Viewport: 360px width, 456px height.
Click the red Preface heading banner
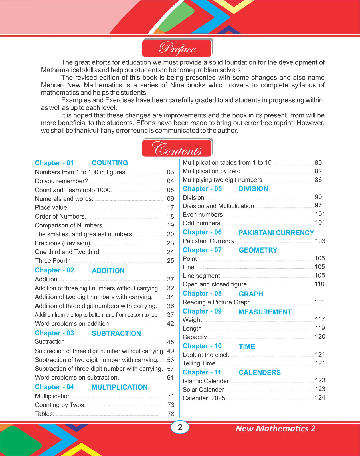pos(177,48)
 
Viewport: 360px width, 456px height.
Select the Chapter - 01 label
pos(54,163)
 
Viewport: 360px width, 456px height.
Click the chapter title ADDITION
pos(108,271)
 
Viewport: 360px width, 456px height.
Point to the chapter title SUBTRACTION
pos(116,333)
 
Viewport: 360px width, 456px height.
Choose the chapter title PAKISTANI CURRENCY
pos(276,233)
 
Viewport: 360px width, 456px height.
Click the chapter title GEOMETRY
pos(258,250)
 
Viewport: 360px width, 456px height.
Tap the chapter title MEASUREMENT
pos(265,312)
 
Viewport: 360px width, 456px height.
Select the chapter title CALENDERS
pos(260,373)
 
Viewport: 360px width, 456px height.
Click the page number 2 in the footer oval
pos(180,427)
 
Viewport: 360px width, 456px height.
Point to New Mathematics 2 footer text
pos(275,429)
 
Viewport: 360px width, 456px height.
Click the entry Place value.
pos(52,208)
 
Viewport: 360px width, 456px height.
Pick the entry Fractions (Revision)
pos(62,243)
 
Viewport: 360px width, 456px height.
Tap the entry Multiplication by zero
pos(211,171)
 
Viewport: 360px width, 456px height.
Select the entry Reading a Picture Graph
pos(217,302)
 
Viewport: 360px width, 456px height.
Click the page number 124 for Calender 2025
pos(320,398)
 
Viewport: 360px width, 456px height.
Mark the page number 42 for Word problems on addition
pos(170,324)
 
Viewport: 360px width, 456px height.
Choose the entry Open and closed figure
pos(215,284)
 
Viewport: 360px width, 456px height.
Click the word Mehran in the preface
pos(53,85)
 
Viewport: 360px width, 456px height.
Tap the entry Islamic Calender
pos(206,381)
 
